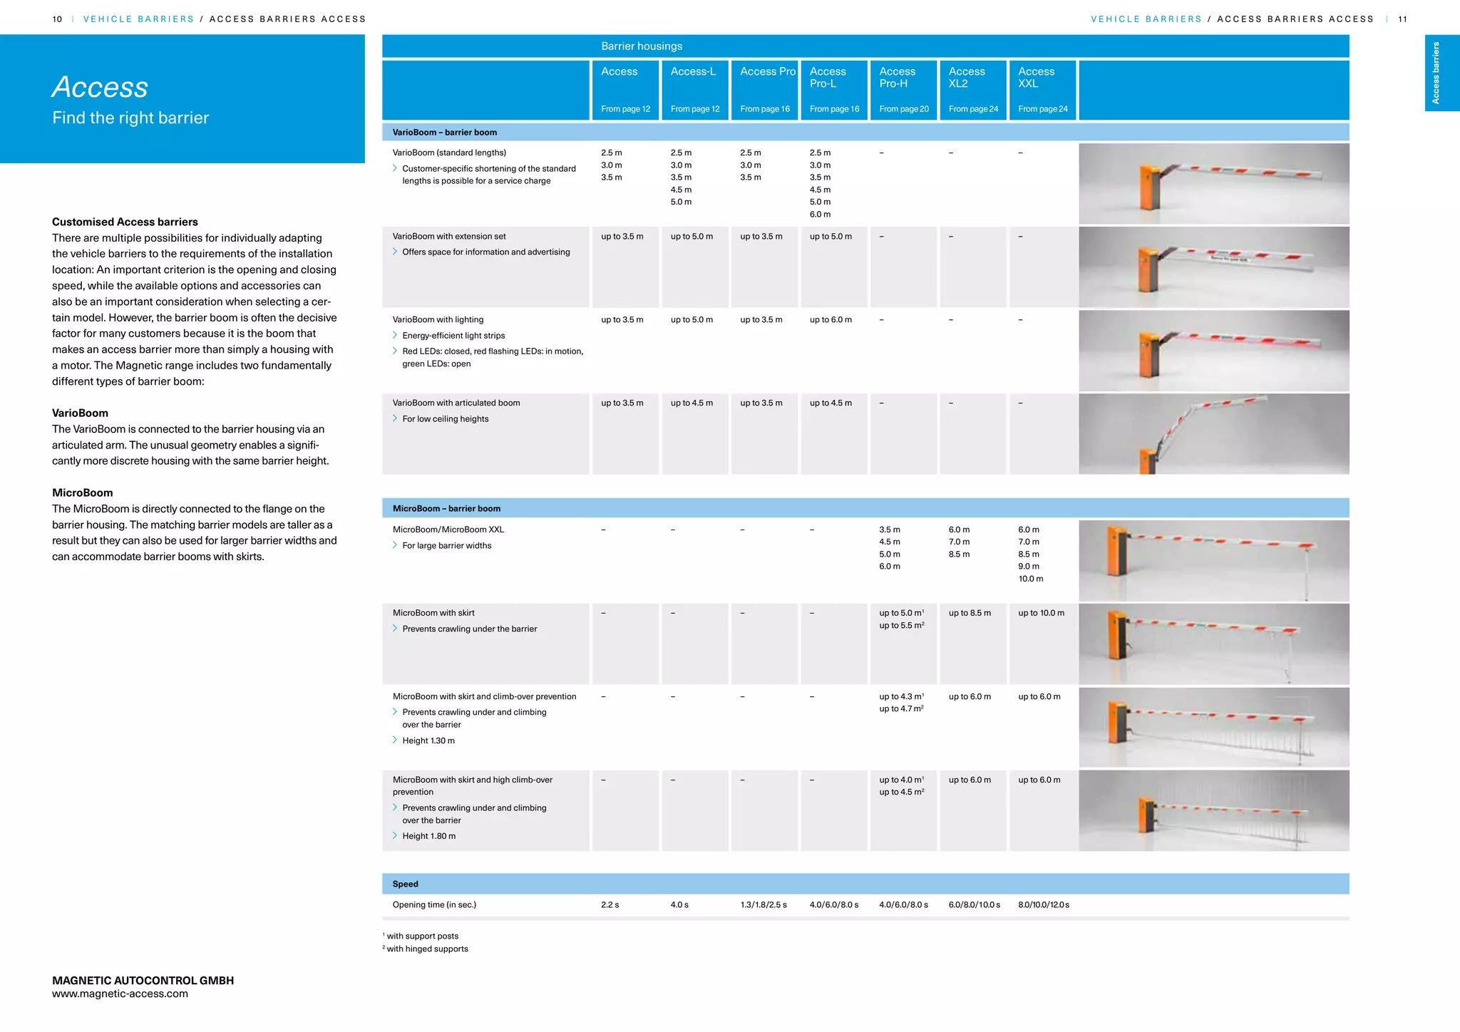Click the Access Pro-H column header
point(897,78)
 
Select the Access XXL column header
point(1036,78)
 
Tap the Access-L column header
point(693,71)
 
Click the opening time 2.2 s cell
point(610,904)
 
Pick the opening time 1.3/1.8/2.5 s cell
point(764,904)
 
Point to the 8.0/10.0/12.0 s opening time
point(1044,904)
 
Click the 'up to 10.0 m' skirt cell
point(1041,613)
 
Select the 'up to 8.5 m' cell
point(970,613)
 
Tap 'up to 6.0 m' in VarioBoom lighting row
point(831,319)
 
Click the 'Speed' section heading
point(405,884)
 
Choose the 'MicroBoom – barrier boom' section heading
point(446,508)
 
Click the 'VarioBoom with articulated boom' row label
point(456,403)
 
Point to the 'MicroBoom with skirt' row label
point(433,613)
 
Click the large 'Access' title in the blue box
point(100,87)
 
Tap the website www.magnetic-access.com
point(120,994)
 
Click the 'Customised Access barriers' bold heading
point(125,222)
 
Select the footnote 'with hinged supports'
point(427,949)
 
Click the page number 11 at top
point(1402,19)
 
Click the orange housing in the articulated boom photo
point(1147,461)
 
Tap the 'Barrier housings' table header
point(642,46)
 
